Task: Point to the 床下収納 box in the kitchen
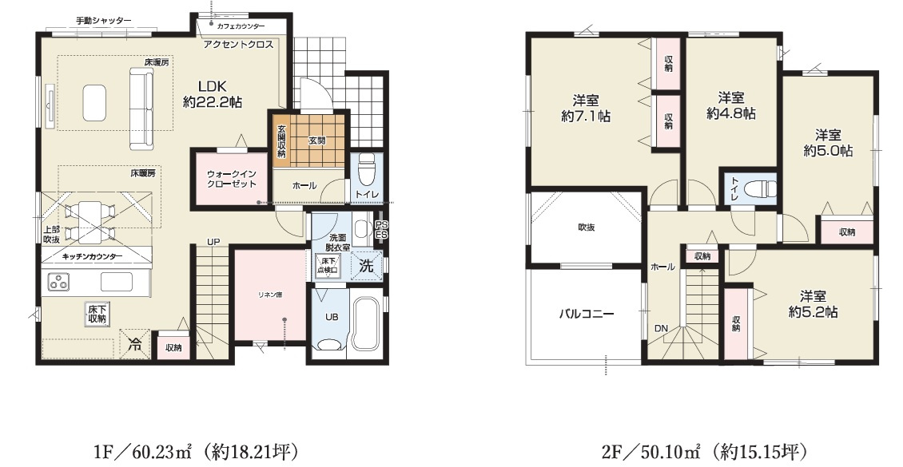96,314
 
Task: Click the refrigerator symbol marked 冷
134,345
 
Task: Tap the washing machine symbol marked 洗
366,267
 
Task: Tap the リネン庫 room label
268,295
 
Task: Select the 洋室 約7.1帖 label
586,108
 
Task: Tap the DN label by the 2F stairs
662,328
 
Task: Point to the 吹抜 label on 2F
587,228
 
